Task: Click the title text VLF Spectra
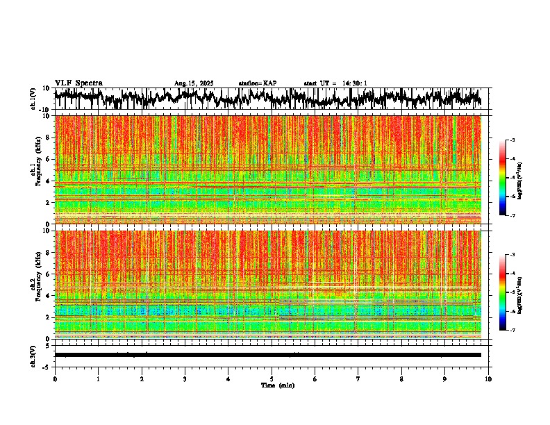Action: (x=78, y=83)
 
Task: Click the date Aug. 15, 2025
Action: (x=194, y=83)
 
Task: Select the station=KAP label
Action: (x=258, y=83)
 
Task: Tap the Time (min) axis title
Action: (x=277, y=385)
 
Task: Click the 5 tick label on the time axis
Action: (x=272, y=379)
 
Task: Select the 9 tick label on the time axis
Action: (x=445, y=379)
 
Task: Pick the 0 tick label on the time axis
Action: (x=55, y=379)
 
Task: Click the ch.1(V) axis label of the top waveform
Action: (x=33, y=99)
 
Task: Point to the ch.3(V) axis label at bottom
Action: (x=33, y=355)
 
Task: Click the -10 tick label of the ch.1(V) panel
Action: (x=45, y=110)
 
